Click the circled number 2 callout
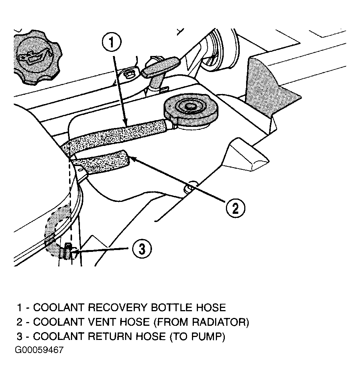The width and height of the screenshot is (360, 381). [235, 207]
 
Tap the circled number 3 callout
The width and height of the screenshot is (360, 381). [142, 249]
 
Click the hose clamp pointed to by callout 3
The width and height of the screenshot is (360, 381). [68, 252]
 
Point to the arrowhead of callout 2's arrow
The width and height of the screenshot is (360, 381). [131, 159]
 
